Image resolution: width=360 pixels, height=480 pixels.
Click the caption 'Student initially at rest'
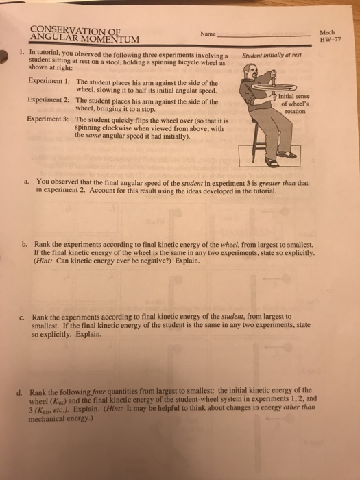[272, 55]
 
